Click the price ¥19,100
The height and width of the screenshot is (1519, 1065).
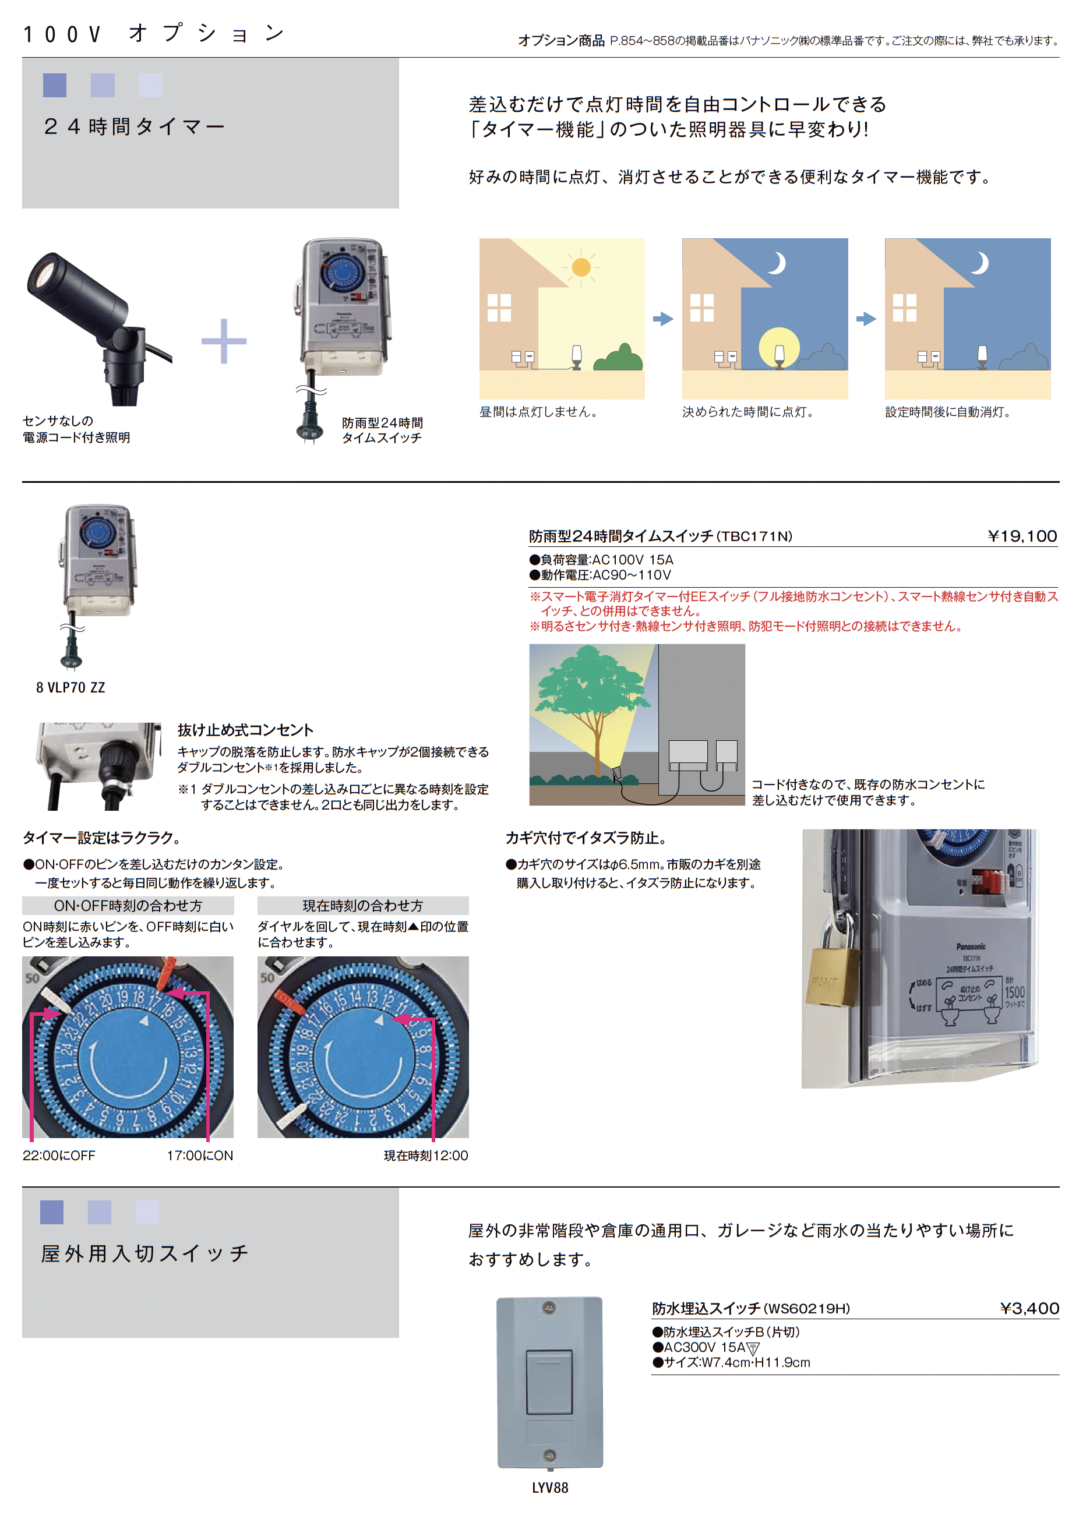[x=1021, y=536]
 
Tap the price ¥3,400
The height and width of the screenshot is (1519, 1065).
[x=1029, y=1308]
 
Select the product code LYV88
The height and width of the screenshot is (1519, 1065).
[x=549, y=1487]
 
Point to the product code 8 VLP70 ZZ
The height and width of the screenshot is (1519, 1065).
[x=70, y=687]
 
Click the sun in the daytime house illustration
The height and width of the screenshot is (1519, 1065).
[x=580, y=267]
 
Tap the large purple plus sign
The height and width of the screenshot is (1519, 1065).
[x=224, y=341]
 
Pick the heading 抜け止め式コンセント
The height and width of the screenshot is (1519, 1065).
[x=245, y=730]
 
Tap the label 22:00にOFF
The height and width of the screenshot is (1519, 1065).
[x=59, y=1155]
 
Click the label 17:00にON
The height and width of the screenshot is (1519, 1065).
[x=200, y=1155]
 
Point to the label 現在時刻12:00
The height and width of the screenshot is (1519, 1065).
[x=426, y=1155]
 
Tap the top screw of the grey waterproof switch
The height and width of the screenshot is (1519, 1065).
[x=549, y=1308]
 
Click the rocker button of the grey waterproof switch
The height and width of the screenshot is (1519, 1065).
[x=549, y=1382]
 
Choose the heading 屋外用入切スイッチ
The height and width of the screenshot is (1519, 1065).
[x=144, y=1253]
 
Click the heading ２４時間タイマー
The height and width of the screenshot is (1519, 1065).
[x=133, y=126]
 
